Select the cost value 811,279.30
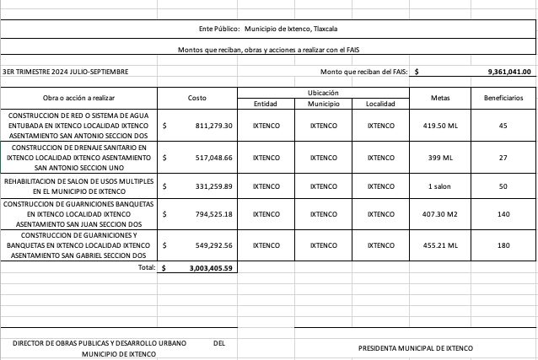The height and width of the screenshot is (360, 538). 213,126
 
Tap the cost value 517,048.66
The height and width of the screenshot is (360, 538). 213,158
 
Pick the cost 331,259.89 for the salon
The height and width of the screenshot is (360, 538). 213,186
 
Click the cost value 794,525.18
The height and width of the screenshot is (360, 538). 213,214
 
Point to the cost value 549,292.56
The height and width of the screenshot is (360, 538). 213,246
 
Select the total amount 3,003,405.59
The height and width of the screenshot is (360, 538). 211,268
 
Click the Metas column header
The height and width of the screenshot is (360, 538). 440,98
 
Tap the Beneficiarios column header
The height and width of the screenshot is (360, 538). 503,98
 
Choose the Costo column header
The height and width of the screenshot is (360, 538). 196,98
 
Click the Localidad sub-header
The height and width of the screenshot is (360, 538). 380,104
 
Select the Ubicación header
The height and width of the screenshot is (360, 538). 323,92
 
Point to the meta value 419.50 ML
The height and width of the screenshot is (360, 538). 440,126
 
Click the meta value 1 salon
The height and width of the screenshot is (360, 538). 440,186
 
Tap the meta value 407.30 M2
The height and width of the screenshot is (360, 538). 440,214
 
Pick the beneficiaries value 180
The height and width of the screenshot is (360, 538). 503,246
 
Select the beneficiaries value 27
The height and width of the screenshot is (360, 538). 503,158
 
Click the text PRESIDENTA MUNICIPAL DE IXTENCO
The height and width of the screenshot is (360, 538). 416,348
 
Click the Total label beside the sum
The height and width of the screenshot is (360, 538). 147,267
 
